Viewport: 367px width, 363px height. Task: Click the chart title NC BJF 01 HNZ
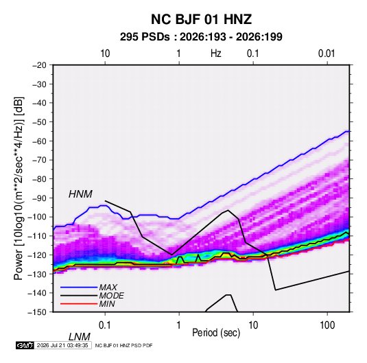click(x=201, y=19)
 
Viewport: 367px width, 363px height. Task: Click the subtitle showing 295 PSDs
click(x=201, y=37)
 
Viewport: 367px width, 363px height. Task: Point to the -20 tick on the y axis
click(x=39, y=65)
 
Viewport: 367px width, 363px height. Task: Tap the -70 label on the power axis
click(x=39, y=160)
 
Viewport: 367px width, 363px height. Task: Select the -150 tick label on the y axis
click(x=37, y=312)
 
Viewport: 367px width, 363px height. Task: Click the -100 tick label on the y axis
click(x=37, y=217)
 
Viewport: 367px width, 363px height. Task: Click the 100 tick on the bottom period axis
click(x=327, y=325)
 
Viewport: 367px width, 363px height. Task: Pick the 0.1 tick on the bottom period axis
click(x=105, y=325)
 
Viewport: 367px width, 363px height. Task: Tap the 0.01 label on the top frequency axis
click(x=327, y=54)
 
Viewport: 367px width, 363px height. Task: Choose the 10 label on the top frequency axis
click(x=105, y=54)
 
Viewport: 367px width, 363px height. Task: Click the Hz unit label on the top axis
click(x=216, y=54)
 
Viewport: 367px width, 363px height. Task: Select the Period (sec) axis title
click(x=216, y=333)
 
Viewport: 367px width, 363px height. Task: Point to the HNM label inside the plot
click(x=80, y=194)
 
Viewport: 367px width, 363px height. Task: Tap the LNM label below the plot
click(x=80, y=337)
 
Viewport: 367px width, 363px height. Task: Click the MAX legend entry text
click(x=108, y=288)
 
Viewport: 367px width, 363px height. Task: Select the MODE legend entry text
click(x=111, y=296)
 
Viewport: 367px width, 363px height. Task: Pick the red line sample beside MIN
click(x=79, y=304)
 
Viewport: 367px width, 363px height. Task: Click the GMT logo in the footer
click(x=25, y=345)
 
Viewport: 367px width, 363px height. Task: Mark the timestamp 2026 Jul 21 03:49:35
click(x=62, y=345)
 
